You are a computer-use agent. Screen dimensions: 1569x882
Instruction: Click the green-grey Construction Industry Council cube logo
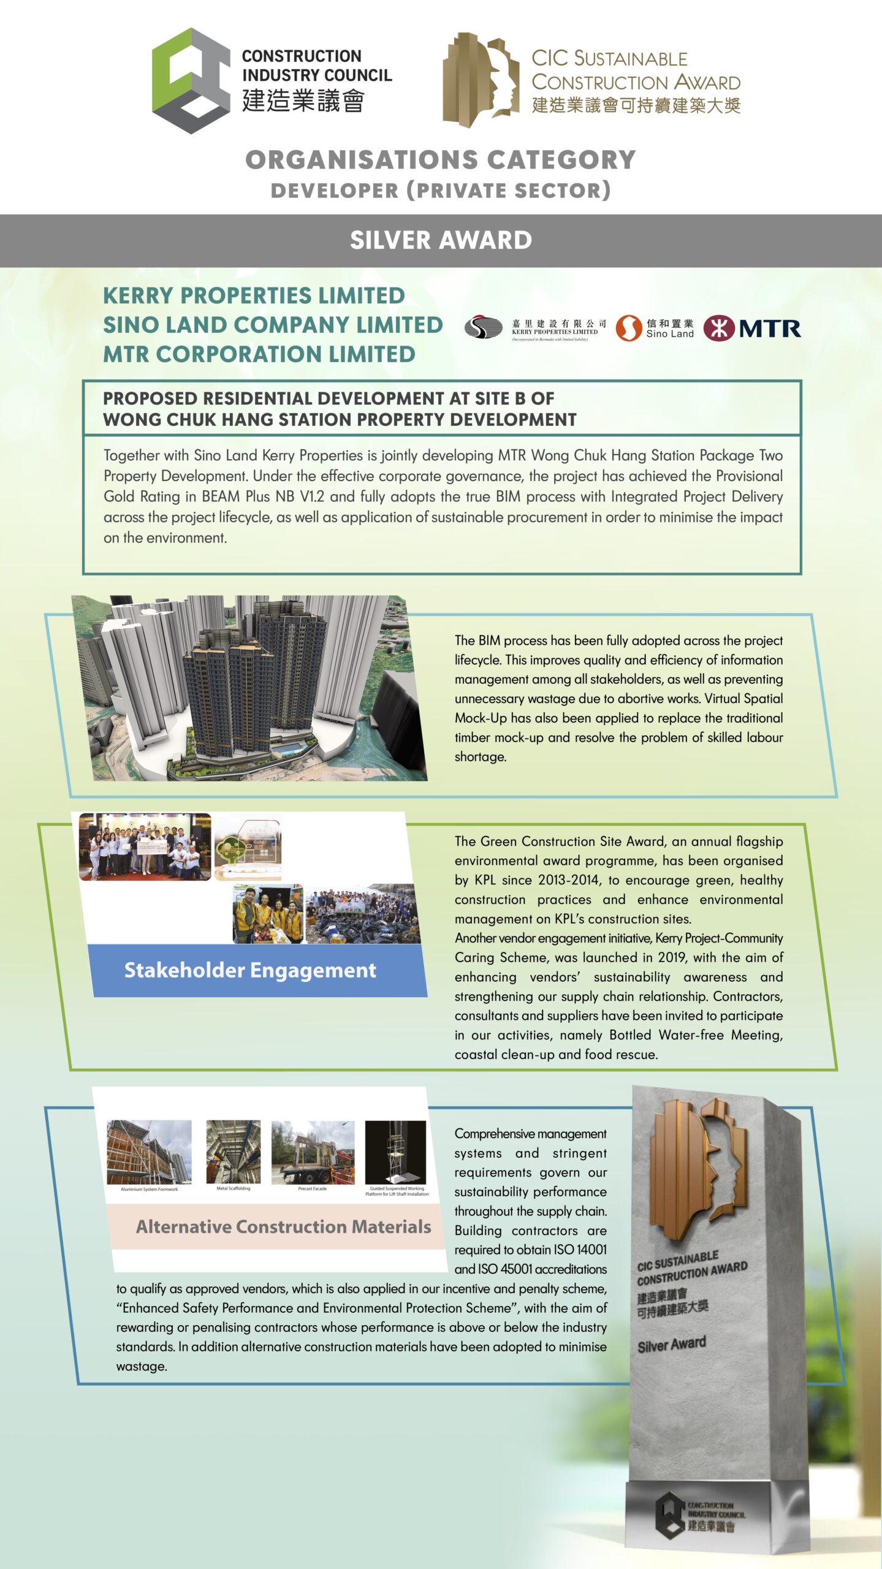[x=191, y=80]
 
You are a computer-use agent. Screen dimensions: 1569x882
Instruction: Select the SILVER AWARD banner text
[x=441, y=240]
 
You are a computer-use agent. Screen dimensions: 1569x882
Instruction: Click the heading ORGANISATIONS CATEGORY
[x=441, y=160]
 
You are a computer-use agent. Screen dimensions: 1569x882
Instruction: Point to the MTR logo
[x=752, y=329]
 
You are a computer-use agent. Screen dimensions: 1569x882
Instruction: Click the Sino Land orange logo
[x=628, y=328]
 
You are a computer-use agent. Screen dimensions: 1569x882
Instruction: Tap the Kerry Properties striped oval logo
[x=484, y=327]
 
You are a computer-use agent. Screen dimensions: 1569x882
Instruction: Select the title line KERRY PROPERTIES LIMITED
[x=254, y=295]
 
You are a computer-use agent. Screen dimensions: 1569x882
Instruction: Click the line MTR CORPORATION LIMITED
[x=259, y=354]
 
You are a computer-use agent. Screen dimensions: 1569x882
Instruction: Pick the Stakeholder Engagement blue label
[x=250, y=970]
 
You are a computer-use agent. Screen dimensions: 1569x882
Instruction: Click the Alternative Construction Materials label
[x=283, y=1226]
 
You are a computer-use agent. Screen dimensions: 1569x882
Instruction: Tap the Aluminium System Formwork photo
[x=149, y=1152]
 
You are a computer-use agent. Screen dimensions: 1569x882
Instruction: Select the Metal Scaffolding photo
[x=233, y=1152]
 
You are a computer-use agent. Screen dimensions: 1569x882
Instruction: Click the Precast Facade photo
[x=313, y=1153]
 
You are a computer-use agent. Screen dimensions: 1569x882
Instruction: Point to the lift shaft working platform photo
[x=395, y=1153]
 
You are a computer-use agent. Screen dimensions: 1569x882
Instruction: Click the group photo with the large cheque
[x=145, y=846]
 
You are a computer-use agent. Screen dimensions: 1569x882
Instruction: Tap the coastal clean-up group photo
[x=363, y=913]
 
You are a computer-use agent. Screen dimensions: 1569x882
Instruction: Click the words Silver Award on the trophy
[x=672, y=1345]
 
